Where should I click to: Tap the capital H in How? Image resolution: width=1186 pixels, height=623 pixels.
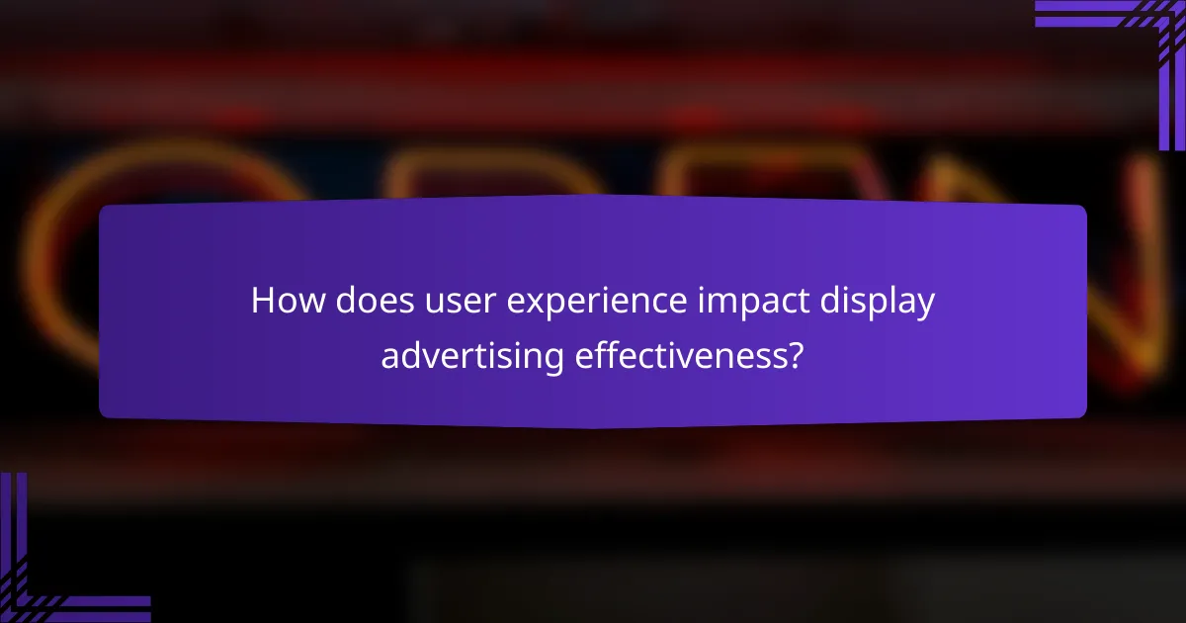(263, 301)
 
